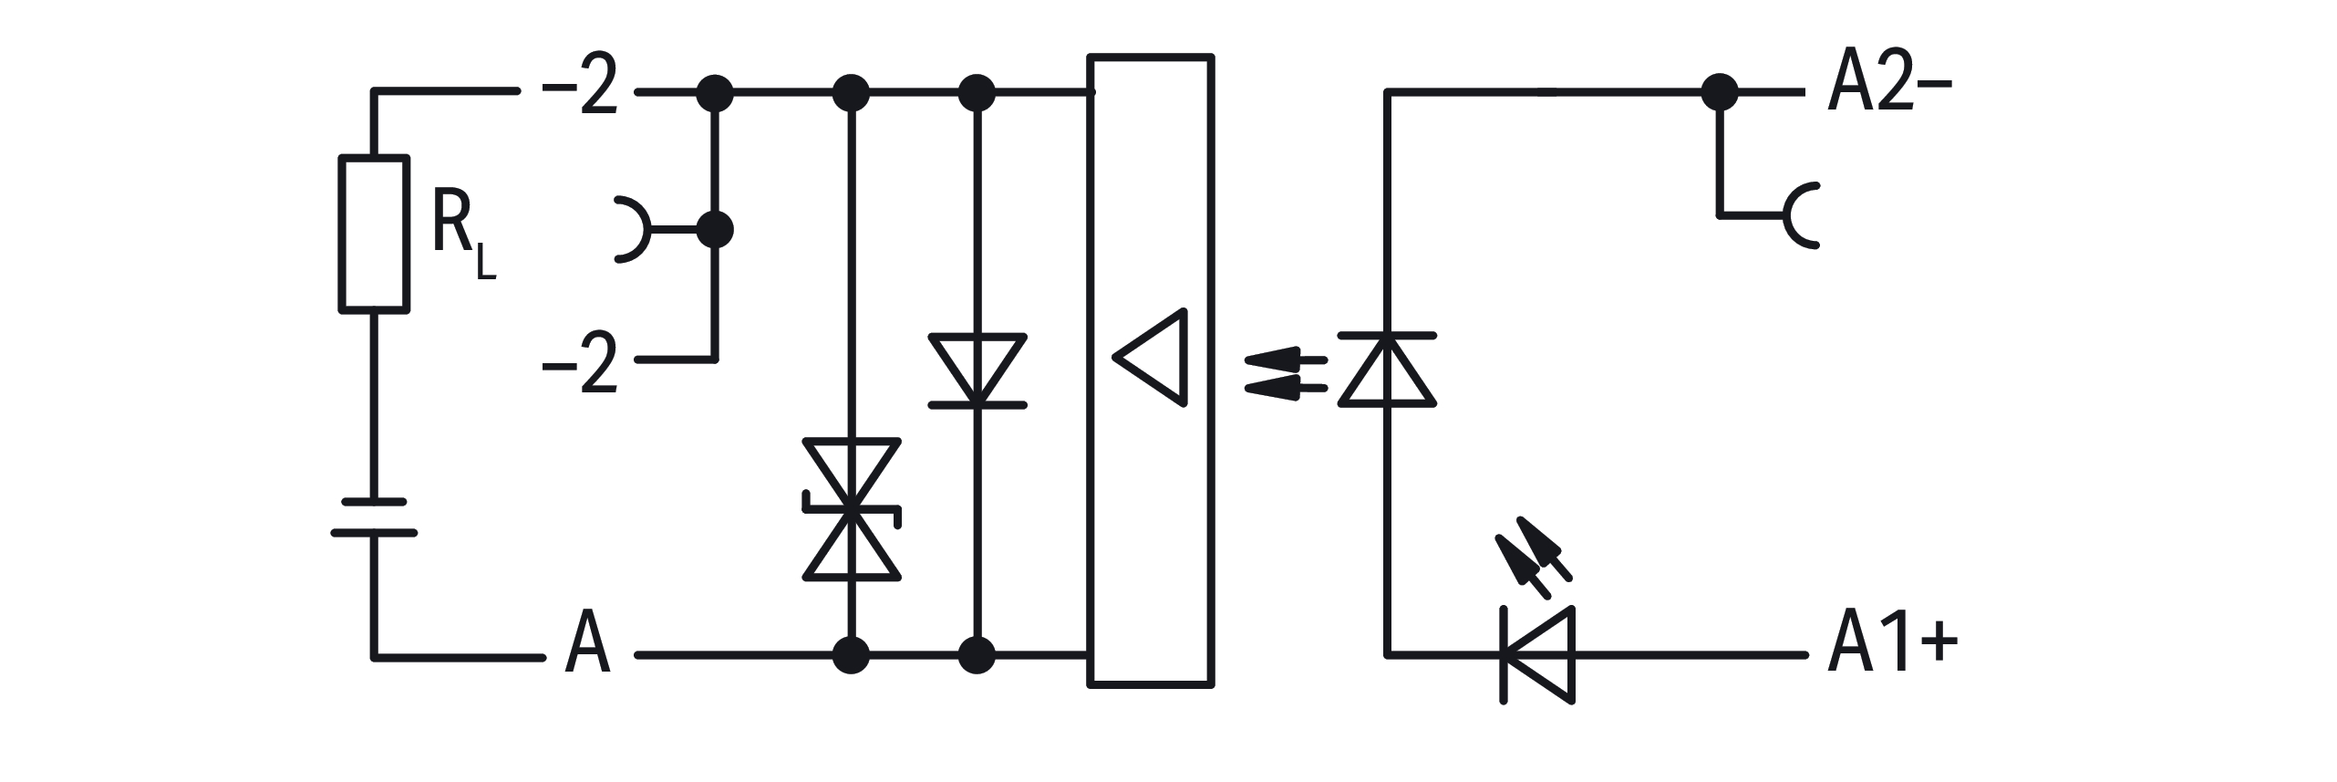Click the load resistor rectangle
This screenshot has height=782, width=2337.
point(374,235)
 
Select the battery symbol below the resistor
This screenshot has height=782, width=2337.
point(374,516)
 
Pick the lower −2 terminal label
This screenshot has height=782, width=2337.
point(580,362)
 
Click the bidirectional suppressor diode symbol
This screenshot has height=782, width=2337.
point(852,509)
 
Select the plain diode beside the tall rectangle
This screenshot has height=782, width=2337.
point(977,370)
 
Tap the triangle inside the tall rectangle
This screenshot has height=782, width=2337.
point(1153,358)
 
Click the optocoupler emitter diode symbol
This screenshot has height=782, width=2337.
point(1387,370)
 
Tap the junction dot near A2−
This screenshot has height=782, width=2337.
point(1720,91)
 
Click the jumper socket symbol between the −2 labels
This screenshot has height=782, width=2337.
point(633,230)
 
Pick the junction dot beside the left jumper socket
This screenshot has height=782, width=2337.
point(715,230)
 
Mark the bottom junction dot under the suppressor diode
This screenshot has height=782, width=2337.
point(852,655)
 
